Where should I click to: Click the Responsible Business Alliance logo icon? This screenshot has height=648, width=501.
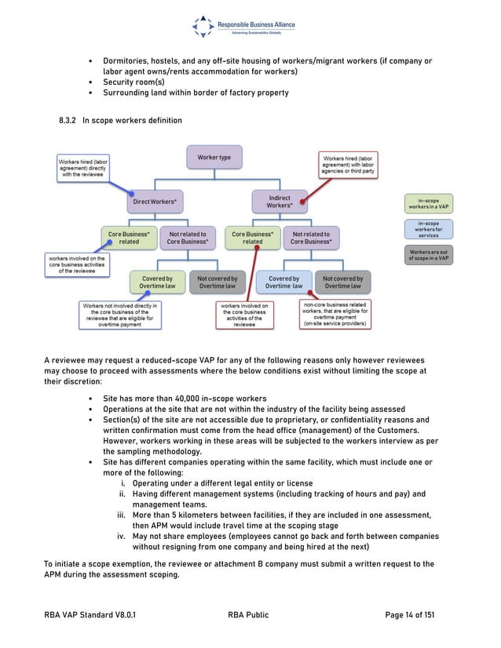point(204,26)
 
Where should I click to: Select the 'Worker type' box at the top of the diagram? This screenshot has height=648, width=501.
point(214,158)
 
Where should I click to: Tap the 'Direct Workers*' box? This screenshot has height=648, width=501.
point(154,202)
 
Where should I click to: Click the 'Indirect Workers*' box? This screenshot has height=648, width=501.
point(279,202)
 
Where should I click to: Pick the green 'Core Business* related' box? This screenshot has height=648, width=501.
point(124,238)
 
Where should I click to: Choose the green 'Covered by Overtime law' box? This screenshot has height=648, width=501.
point(158,282)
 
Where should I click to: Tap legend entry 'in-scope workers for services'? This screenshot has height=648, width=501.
point(428,230)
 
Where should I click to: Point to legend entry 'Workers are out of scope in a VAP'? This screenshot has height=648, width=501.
point(428,255)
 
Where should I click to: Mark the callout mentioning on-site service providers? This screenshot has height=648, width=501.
point(335,314)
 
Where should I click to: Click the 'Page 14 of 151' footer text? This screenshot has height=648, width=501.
point(402,615)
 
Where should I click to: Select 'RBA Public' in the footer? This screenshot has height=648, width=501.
point(247,615)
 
